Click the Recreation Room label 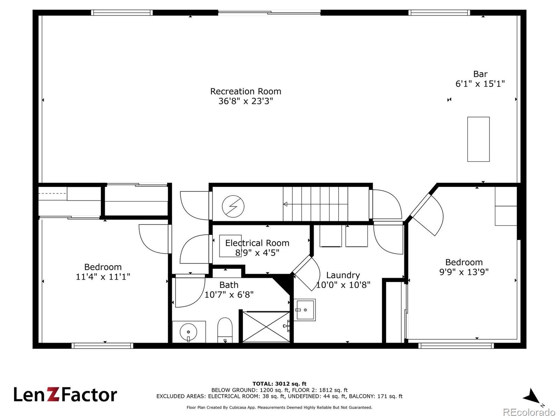coord(246,91)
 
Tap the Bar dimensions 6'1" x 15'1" coord(480,84)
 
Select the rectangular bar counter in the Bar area coord(478,139)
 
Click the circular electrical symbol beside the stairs coord(233,206)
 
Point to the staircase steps coord(315,204)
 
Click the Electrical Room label coord(257,243)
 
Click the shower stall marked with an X coord(266,327)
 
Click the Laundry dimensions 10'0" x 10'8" coord(343,285)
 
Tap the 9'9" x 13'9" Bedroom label coord(464,267)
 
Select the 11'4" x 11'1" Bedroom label coord(103,272)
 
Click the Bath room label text coord(229,285)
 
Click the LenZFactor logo coord(65,395)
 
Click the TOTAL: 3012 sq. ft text coord(279,384)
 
